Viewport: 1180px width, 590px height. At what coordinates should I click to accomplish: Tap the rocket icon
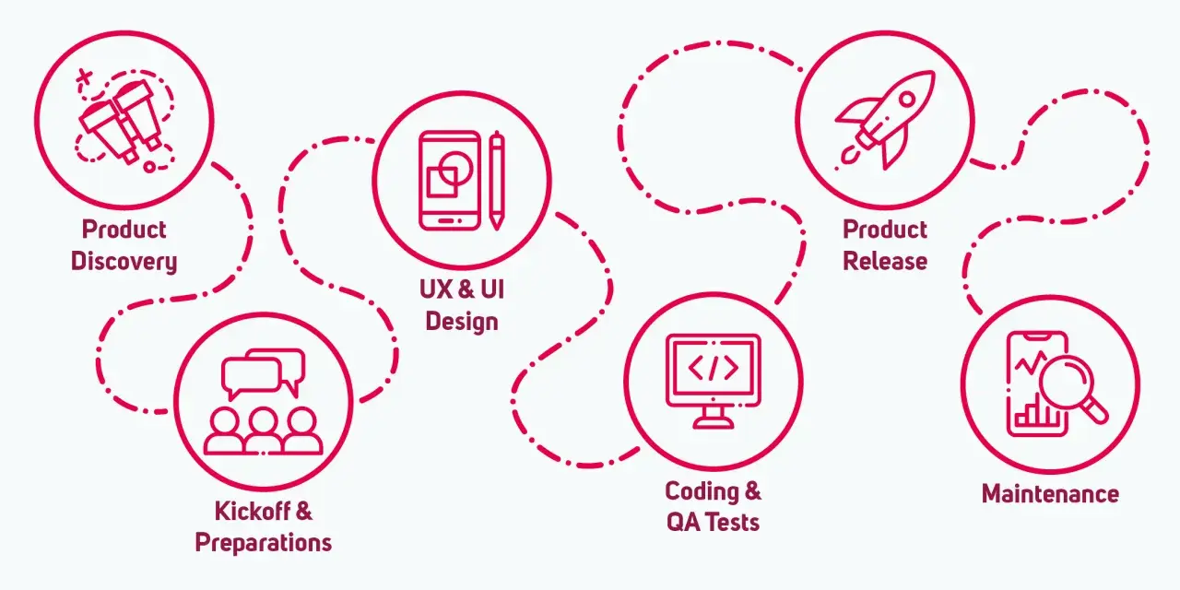pyautogui.click(x=886, y=120)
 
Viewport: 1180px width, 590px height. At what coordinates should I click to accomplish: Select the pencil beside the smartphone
pyautogui.click(x=497, y=181)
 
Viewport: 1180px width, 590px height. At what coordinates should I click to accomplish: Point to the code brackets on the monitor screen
pyautogui.click(x=714, y=368)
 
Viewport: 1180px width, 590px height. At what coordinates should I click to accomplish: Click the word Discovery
pyautogui.click(x=124, y=261)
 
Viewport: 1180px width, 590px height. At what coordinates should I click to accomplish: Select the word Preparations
pyautogui.click(x=264, y=543)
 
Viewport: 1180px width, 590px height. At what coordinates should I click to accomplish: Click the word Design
pyautogui.click(x=462, y=322)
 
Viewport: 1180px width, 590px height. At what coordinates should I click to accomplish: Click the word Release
pyautogui.click(x=885, y=261)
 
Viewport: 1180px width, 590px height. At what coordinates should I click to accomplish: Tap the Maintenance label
pyautogui.click(x=1050, y=494)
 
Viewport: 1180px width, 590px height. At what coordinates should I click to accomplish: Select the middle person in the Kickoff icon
pyautogui.click(x=264, y=431)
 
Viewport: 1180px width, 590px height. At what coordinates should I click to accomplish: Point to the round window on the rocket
pyautogui.click(x=907, y=99)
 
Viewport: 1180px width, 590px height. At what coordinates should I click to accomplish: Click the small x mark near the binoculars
pyautogui.click(x=84, y=78)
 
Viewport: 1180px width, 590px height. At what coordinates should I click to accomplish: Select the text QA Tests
pyautogui.click(x=714, y=523)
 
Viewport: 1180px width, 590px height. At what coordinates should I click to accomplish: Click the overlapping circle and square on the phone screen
pyautogui.click(x=449, y=174)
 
